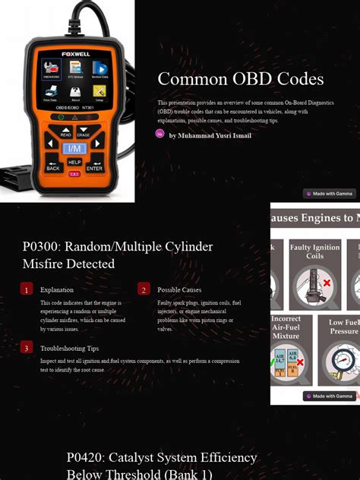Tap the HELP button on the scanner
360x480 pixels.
(74, 162)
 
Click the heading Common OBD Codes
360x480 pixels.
(240, 79)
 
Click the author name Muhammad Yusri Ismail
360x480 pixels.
(210, 136)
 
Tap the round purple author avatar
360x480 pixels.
(160, 134)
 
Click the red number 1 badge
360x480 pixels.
(27, 289)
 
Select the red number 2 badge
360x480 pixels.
(144, 289)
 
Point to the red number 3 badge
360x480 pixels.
(27, 348)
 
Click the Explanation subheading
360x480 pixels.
(57, 289)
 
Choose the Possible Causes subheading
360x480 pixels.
(179, 289)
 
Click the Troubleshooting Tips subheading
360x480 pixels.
(69, 348)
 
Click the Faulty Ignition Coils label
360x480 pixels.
(314, 251)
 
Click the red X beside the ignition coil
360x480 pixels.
(327, 283)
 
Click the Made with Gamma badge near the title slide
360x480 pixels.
(330, 194)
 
